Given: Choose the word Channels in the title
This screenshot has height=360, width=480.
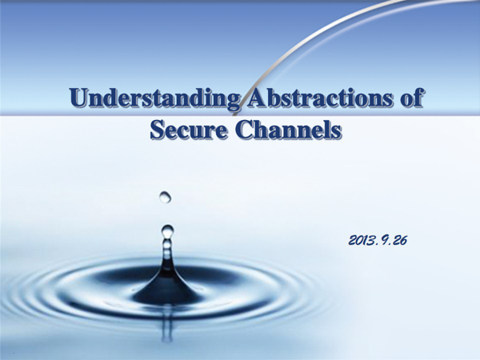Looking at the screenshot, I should (287, 130).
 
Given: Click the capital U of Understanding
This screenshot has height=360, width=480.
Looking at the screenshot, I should (80, 100).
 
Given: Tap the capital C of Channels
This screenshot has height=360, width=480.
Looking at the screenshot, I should (242, 130).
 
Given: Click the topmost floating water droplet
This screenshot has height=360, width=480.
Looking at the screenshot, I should (165, 196).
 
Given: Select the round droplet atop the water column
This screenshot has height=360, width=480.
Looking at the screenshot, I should (167, 231).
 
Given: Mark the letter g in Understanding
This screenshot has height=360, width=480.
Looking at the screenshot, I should (230, 102).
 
